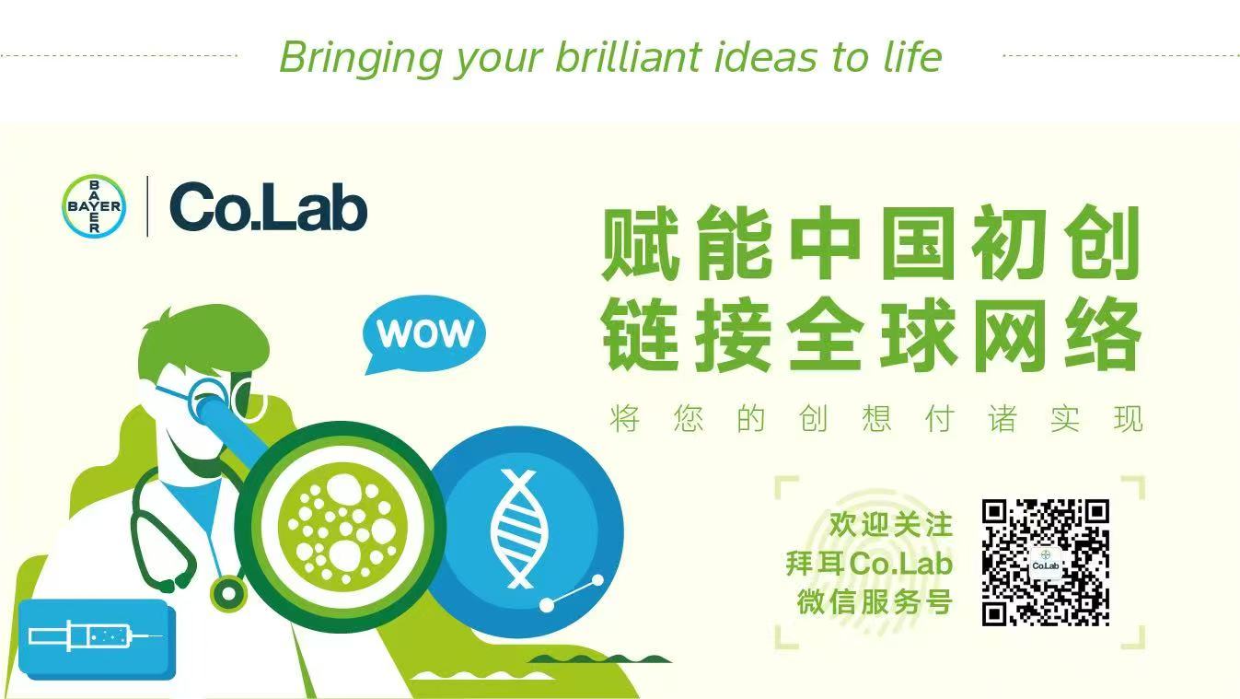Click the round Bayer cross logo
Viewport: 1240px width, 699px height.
(94, 206)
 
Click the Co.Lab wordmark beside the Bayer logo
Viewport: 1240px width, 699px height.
(269, 206)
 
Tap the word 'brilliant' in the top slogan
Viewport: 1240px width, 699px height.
(629, 57)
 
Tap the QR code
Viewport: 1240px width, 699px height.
(1046, 563)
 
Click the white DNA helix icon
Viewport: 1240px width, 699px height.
(519, 529)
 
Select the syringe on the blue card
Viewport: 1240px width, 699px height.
(95, 635)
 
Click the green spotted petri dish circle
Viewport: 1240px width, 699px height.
(340, 530)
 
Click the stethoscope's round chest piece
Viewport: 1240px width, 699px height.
(227, 594)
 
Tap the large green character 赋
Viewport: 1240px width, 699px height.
(641, 243)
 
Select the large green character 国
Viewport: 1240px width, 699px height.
(918, 243)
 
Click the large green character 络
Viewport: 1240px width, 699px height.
(1102, 334)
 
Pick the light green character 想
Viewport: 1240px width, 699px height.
(876, 418)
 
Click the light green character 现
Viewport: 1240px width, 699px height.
(1129, 418)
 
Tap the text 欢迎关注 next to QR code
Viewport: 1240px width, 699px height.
(890, 525)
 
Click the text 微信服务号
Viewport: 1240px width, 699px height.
(875, 601)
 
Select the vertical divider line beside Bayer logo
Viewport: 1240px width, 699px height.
(147, 206)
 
